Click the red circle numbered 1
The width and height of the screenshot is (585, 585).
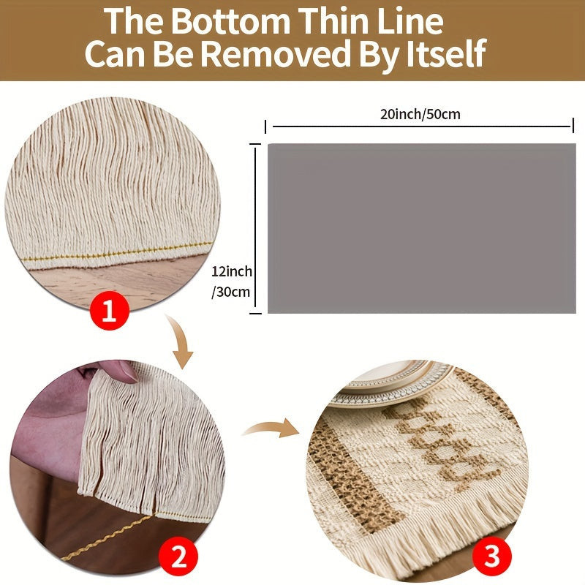coord(110,310)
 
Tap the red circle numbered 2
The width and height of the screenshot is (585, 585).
coord(178,559)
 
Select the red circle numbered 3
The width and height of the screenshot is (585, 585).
coord(491,556)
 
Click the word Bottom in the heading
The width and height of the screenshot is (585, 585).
coord(230,21)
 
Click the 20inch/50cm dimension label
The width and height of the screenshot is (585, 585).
coord(420,114)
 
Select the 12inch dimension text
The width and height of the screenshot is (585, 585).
coord(232,271)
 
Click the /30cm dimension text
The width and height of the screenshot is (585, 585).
coord(230,292)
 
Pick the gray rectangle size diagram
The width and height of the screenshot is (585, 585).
coord(422,228)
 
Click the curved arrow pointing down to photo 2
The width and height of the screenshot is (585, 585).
coord(181,341)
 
